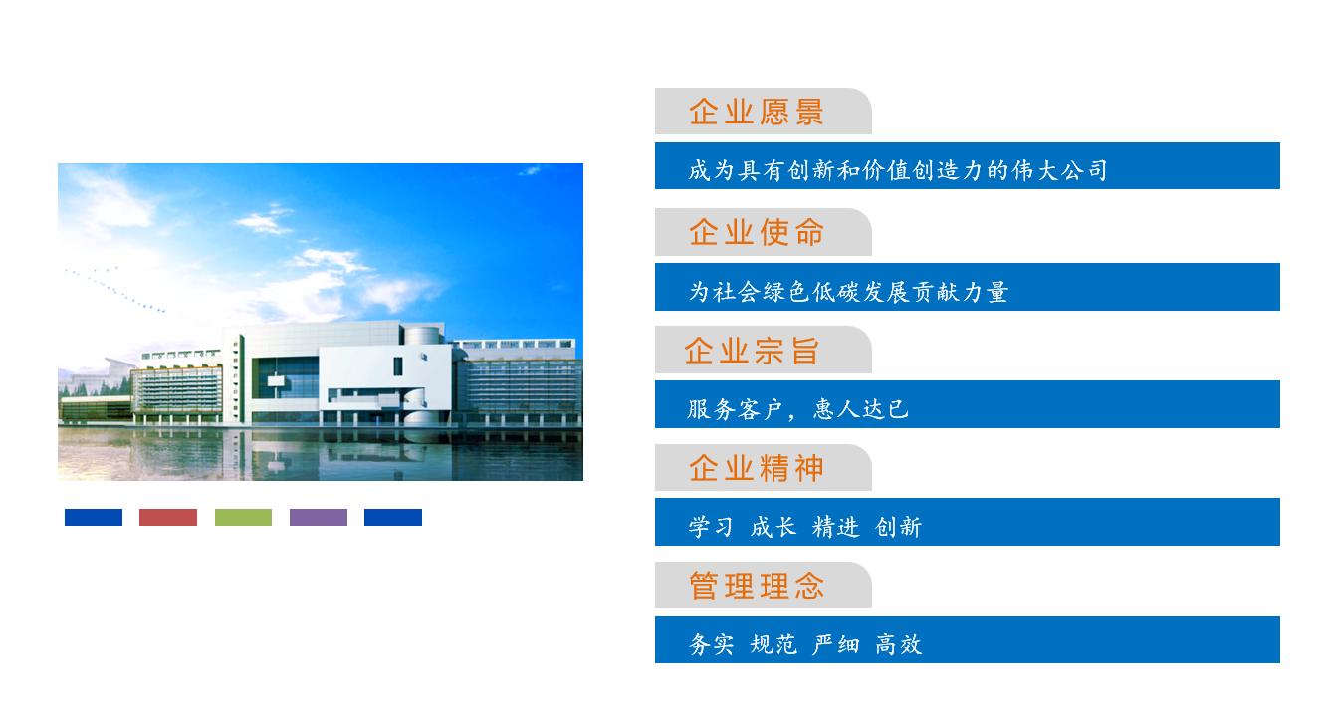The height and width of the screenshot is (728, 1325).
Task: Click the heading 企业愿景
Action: point(757,112)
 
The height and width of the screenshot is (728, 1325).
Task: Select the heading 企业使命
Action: point(757,232)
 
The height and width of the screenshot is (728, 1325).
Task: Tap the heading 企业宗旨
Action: point(752,351)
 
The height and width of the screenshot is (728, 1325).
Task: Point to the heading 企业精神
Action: point(757,468)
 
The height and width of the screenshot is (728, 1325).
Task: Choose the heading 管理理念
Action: point(757,586)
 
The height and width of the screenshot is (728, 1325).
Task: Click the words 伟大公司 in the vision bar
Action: point(1059,170)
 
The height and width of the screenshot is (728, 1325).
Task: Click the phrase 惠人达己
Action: point(861,409)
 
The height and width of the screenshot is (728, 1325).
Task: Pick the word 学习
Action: point(711,527)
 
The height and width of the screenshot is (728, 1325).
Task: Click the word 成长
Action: point(773,527)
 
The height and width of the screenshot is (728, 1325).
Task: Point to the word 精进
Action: point(836,527)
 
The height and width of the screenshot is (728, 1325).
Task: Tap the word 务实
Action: point(711,644)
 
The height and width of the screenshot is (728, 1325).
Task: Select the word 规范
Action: point(773,644)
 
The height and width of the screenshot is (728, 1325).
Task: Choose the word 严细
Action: point(836,644)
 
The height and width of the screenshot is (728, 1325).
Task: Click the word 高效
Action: point(899,644)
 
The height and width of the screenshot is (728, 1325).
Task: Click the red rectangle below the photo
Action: point(168,517)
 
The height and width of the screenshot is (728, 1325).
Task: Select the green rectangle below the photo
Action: point(243,517)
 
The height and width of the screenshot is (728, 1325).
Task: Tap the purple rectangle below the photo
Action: point(319,517)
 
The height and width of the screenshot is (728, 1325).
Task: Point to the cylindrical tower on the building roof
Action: point(422,335)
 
